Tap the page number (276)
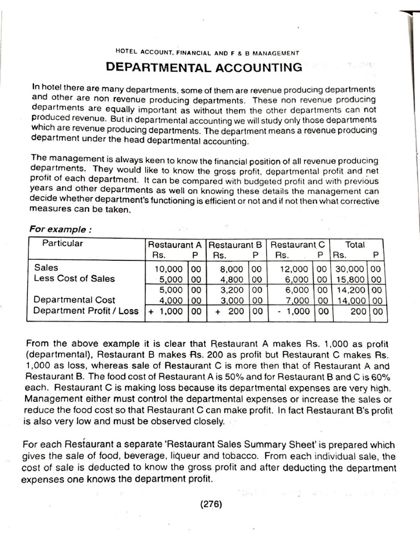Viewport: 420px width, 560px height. (210, 504)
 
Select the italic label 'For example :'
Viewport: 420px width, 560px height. (60, 229)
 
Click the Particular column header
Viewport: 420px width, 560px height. (63, 244)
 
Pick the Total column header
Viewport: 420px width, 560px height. (355, 245)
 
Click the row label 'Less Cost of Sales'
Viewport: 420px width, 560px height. (74, 278)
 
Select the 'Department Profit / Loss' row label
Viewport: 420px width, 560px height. (86, 311)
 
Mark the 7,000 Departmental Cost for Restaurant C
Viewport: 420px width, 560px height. (299, 300)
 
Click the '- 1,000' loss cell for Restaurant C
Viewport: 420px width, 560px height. (294, 311)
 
